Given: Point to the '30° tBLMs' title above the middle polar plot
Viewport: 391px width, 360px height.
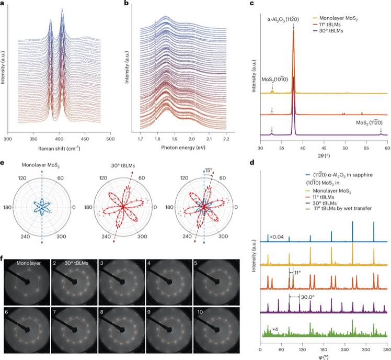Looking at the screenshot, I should point(122,167).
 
